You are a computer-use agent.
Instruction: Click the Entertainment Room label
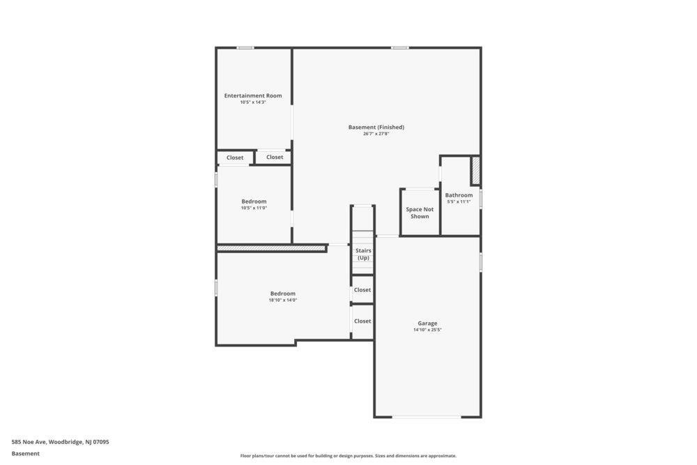click(253, 96)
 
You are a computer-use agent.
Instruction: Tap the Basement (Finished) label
click(376, 127)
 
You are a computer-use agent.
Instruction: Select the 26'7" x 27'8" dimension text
click(376, 134)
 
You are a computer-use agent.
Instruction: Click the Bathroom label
click(459, 195)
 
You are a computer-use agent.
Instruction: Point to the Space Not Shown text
click(420, 213)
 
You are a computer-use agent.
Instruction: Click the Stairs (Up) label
click(363, 254)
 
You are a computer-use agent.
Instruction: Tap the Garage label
click(427, 323)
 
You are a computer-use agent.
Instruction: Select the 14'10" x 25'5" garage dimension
click(427, 330)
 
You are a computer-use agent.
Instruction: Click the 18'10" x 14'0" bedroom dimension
click(283, 300)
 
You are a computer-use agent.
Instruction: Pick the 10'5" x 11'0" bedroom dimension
click(254, 208)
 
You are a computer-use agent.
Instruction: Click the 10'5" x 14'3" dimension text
click(253, 102)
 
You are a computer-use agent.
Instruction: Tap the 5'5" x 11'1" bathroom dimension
click(459, 202)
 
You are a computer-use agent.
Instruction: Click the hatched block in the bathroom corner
click(475, 170)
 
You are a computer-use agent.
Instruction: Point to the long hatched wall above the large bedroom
click(272, 248)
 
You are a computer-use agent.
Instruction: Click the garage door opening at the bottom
click(427, 417)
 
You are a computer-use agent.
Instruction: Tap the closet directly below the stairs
click(362, 289)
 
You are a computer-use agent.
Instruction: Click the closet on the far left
click(235, 158)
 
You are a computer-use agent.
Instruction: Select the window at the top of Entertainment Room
click(245, 47)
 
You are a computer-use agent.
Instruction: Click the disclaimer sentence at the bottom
click(348, 456)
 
